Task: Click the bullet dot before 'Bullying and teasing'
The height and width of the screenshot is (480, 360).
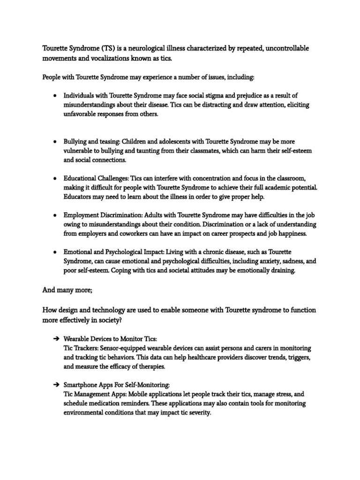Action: coord(55,141)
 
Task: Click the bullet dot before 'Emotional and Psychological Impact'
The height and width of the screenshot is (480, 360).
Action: coord(55,252)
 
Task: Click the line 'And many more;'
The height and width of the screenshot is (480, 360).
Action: coord(67,290)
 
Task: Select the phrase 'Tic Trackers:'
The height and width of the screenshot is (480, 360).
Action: coord(81,348)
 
